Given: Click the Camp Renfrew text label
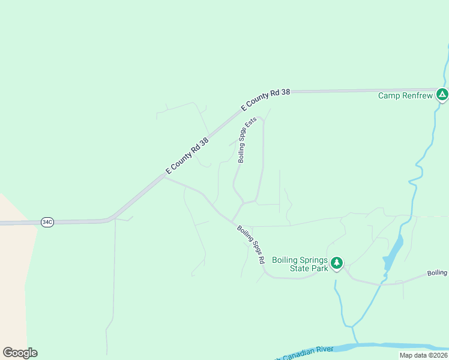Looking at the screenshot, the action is pos(405,95).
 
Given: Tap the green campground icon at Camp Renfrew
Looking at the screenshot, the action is pos(442,94).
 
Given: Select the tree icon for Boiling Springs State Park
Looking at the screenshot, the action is pos(337,263).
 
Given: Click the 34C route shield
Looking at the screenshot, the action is pos(47,222).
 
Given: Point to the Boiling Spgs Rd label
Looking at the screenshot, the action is pos(250,245).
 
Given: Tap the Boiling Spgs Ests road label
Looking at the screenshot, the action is pos(247,140).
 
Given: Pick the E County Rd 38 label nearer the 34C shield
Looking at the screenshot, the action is pos(187,157).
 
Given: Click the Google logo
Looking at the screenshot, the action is pos(20,353).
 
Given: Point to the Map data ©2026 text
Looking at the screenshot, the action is pos(423,355).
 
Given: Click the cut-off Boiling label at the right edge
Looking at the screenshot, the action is pos(438,273).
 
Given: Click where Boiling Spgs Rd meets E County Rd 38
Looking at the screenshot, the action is pos(164,177).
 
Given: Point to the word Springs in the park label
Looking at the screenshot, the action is pos(314,260).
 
